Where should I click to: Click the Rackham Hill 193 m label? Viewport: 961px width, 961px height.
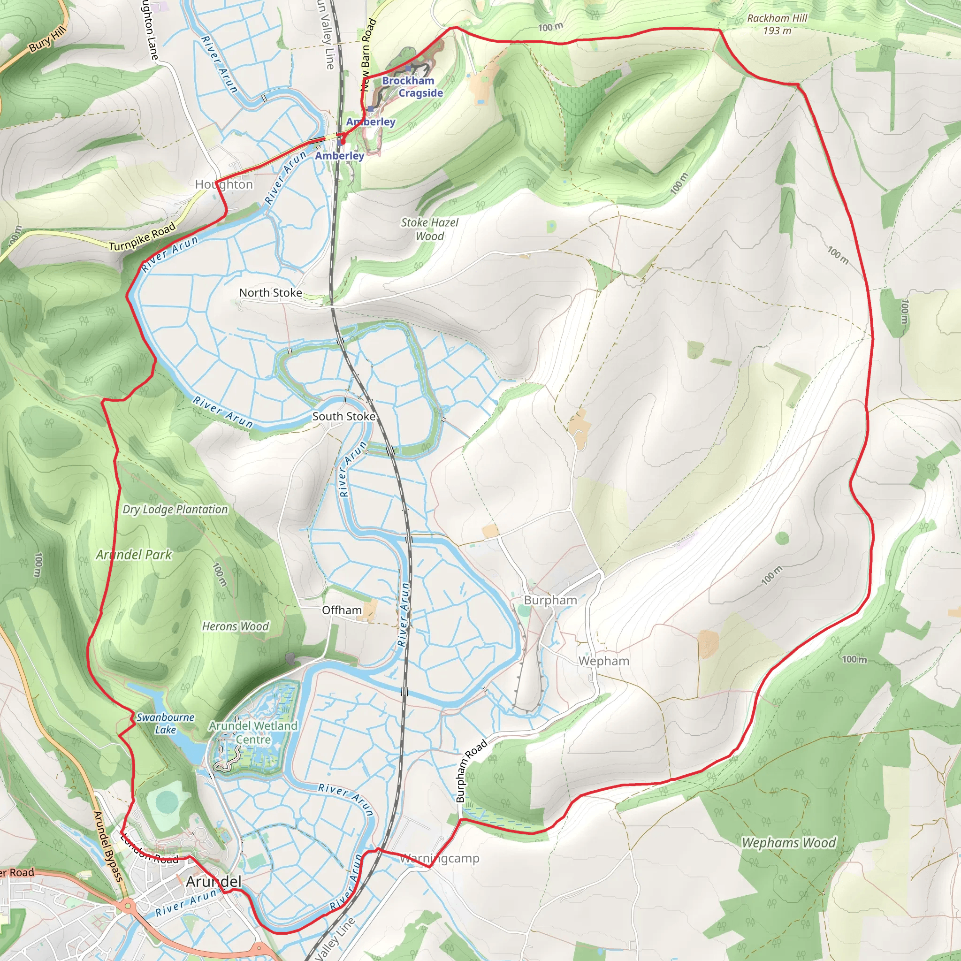click(777, 24)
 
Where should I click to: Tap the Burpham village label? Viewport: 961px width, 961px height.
click(550, 600)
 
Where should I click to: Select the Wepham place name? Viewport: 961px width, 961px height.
click(603, 661)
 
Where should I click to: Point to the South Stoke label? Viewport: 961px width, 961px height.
click(343, 416)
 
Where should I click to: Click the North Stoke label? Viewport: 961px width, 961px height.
click(271, 292)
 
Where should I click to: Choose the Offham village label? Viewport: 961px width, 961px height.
click(342, 610)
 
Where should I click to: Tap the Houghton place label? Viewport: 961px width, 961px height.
click(224, 184)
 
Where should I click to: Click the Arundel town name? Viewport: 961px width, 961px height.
click(214, 882)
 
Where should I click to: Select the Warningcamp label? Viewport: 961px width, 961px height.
click(440, 858)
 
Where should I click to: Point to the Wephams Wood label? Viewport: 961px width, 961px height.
click(789, 843)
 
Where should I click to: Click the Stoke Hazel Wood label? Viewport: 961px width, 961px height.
click(430, 229)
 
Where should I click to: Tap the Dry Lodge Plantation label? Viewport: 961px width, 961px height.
click(175, 509)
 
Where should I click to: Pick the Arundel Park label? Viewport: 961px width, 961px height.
click(134, 555)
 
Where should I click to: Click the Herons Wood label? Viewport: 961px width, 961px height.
click(235, 626)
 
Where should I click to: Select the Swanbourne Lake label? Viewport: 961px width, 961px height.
click(166, 723)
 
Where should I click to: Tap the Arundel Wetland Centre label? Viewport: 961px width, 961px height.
click(253, 732)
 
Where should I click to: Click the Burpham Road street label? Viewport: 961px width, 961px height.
click(471, 771)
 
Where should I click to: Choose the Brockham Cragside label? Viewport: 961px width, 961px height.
click(412, 86)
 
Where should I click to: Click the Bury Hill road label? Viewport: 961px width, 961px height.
click(47, 40)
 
